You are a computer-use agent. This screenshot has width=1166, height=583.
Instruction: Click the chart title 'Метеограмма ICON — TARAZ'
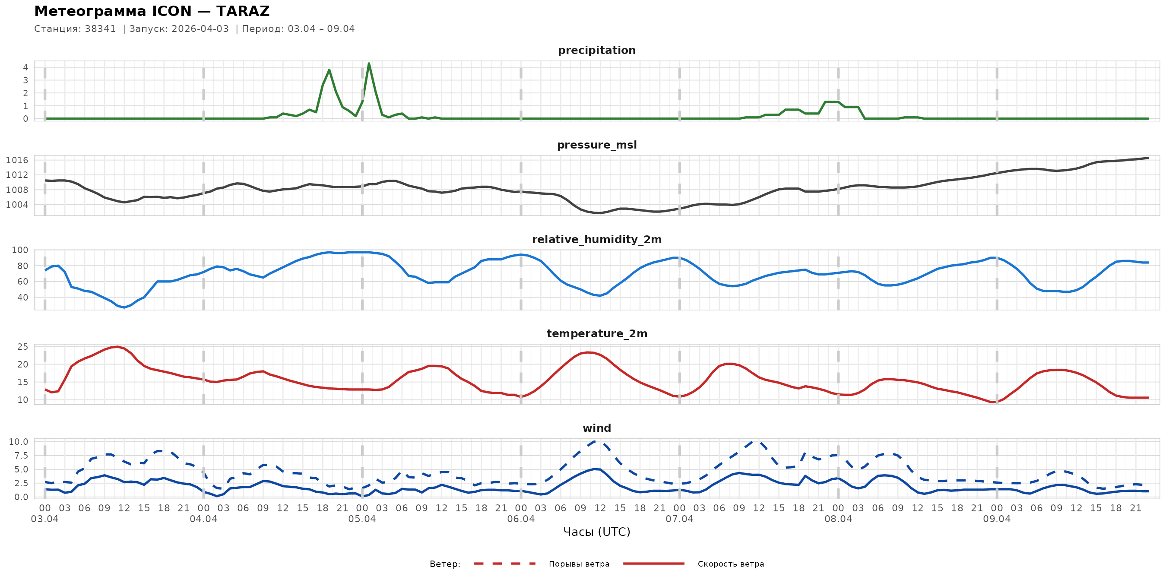click(x=152, y=11)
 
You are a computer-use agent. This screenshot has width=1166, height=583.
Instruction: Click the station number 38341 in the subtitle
click(x=100, y=29)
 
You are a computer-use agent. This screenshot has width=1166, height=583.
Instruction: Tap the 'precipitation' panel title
click(x=596, y=50)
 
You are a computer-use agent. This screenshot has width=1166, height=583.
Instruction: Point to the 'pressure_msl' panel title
click(x=596, y=145)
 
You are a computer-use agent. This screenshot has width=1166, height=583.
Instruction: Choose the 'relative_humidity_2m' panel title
click(x=596, y=239)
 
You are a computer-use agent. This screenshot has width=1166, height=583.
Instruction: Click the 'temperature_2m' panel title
click(x=596, y=333)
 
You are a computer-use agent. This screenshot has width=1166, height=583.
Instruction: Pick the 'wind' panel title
click(x=596, y=428)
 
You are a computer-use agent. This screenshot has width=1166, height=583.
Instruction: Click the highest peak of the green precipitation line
click(x=369, y=63)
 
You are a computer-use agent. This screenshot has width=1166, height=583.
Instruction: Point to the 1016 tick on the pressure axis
click(x=17, y=160)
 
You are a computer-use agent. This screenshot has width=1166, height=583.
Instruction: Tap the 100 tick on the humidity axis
click(x=19, y=250)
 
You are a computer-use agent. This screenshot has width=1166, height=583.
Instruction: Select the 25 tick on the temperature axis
click(x=22, y=347)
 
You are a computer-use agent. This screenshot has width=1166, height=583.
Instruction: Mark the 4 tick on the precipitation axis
click(x=26, y=67)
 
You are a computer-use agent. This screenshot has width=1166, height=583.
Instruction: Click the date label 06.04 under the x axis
click(x=520, y=519)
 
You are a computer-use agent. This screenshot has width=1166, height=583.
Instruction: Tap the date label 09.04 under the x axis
click(x=996, y=519)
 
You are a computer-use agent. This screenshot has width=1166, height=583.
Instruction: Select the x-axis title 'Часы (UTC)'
click(x=596, y=532)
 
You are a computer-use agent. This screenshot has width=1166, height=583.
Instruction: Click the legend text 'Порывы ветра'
click(x=579, y=564)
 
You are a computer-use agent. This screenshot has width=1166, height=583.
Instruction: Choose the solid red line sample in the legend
click(x=654, y=564)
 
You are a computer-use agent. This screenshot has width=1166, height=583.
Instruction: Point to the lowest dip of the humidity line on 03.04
click(x=124, y=307)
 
